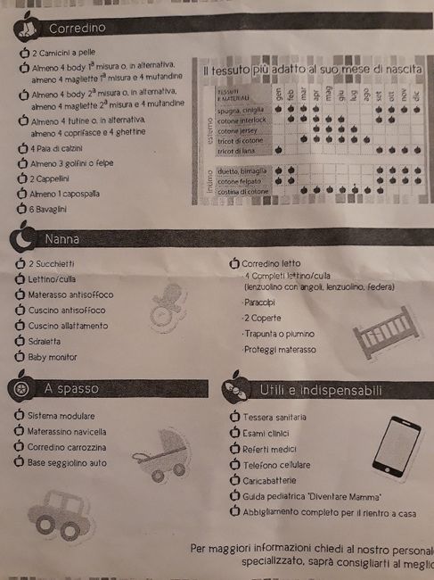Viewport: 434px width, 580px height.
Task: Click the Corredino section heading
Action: [x=78, y=29]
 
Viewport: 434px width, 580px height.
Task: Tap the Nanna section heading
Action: [x=65, y=239]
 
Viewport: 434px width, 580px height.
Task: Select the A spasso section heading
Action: [x=71, y=388]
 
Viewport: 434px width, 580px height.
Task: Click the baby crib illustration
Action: [x=383, y=332]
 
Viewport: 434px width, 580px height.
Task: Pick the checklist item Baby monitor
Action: [x=52, y=357]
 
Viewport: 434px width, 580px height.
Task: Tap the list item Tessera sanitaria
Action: [x=274, y=417]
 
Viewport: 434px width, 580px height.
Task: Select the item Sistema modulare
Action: [x=61, y=416]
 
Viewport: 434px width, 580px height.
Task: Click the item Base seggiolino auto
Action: [x=67, y=462]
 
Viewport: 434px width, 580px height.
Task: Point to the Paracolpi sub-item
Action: [x=259, y=302]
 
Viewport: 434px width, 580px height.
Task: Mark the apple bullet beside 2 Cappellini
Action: [x=22, y=178]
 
